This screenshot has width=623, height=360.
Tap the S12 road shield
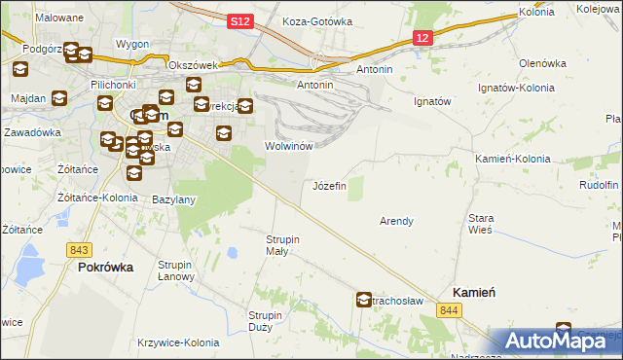click(x=242, y=20)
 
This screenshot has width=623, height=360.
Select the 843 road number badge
click(x=82, y=249)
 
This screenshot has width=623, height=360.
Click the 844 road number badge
click(x=448, y=309)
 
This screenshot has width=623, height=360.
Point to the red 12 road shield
click(x=421, y=37)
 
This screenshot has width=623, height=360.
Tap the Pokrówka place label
click(x=105, y=267)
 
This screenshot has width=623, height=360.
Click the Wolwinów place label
click(x=288, y=146)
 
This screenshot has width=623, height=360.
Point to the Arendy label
click(x=396, y=221)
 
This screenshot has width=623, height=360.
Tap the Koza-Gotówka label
click(x=315, y=20)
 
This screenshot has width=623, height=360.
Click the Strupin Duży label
click(x=265, y=321)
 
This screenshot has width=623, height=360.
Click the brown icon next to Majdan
click(x=58, y=98)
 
